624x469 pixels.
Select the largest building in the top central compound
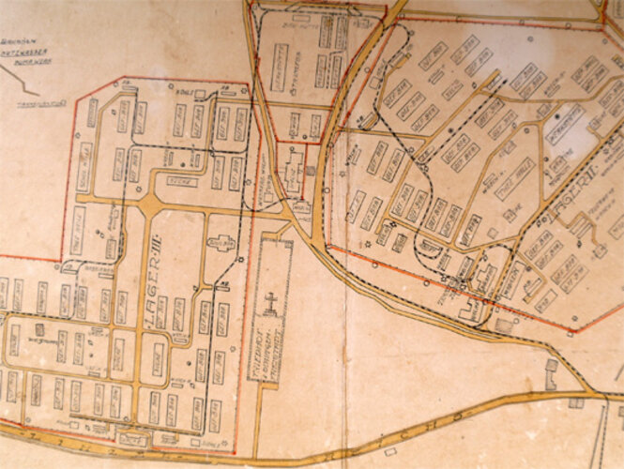pos(279,68)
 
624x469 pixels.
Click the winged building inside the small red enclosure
pos(294,172)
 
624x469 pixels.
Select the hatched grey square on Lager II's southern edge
pos(505,324)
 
